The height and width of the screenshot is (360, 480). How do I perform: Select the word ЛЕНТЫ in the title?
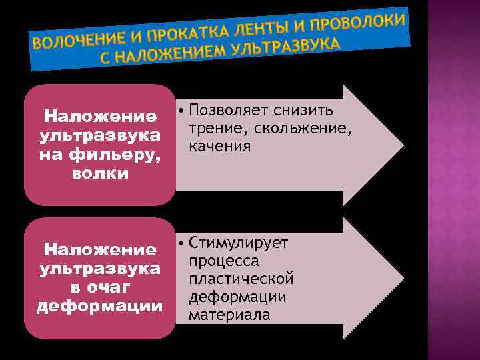269,25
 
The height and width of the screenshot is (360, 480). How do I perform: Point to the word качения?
219,145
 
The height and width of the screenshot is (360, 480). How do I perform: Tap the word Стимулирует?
238,243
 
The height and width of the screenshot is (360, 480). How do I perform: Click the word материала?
229,314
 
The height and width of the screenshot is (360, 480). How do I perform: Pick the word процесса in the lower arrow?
223,260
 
